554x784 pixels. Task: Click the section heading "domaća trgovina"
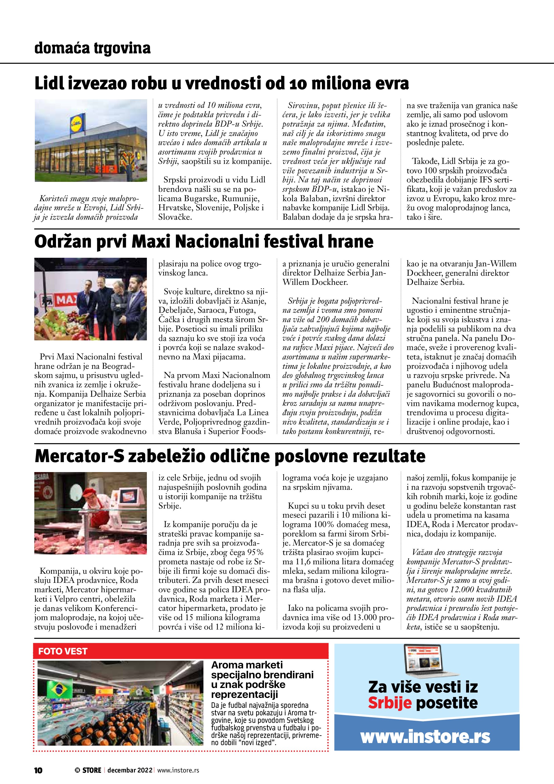coord(92,48)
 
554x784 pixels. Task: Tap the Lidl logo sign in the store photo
coord(77,122)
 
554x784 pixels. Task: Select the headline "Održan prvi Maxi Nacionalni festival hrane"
coord(204,242)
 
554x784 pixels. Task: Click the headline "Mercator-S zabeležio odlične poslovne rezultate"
coord(230,456)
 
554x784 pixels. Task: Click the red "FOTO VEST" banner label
coord(63,651)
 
